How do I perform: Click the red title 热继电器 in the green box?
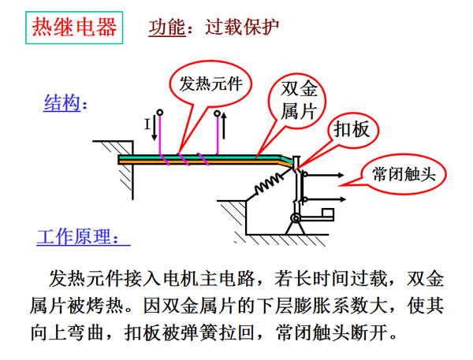74,28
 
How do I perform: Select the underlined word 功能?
167,28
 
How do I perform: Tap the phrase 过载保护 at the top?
242,27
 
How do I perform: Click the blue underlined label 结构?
62,103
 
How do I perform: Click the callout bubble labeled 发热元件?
210,84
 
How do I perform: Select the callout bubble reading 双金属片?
298,100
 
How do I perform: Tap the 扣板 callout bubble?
352,130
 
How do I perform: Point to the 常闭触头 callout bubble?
404,174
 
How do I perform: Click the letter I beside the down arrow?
147,124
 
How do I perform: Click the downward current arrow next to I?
155,128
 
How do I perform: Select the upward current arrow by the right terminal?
224,126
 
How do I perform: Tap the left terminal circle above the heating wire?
160,113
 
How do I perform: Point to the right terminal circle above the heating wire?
218,113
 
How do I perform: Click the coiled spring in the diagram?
269,184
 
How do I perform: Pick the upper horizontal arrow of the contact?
325,175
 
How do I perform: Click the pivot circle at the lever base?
296,217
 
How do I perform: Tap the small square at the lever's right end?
328,213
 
